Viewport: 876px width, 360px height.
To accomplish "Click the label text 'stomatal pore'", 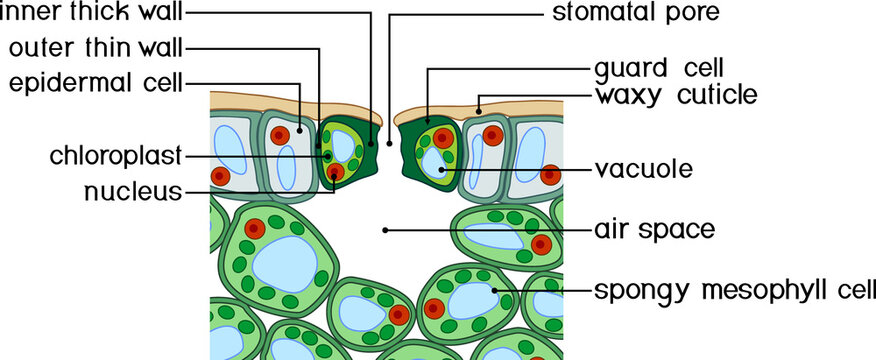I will pos(636,14).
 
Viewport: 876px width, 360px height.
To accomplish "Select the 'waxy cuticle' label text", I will pos(676,96).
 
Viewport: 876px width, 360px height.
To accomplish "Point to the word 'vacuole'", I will pos(643,169).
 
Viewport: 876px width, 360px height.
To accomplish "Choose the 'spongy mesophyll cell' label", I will pos(734,291).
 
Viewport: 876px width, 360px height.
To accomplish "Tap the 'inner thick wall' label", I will pos(92,14).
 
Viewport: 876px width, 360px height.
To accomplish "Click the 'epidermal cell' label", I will pos(96,82).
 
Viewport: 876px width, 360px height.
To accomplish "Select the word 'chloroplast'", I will pos(116,156).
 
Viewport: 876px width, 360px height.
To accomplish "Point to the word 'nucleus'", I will pos(133,190).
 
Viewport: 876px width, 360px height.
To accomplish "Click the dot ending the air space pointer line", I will pos(384,230).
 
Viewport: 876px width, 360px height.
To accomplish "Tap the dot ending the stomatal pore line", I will pos(389,143).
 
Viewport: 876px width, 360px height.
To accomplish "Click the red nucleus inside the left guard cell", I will pos(335,172).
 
